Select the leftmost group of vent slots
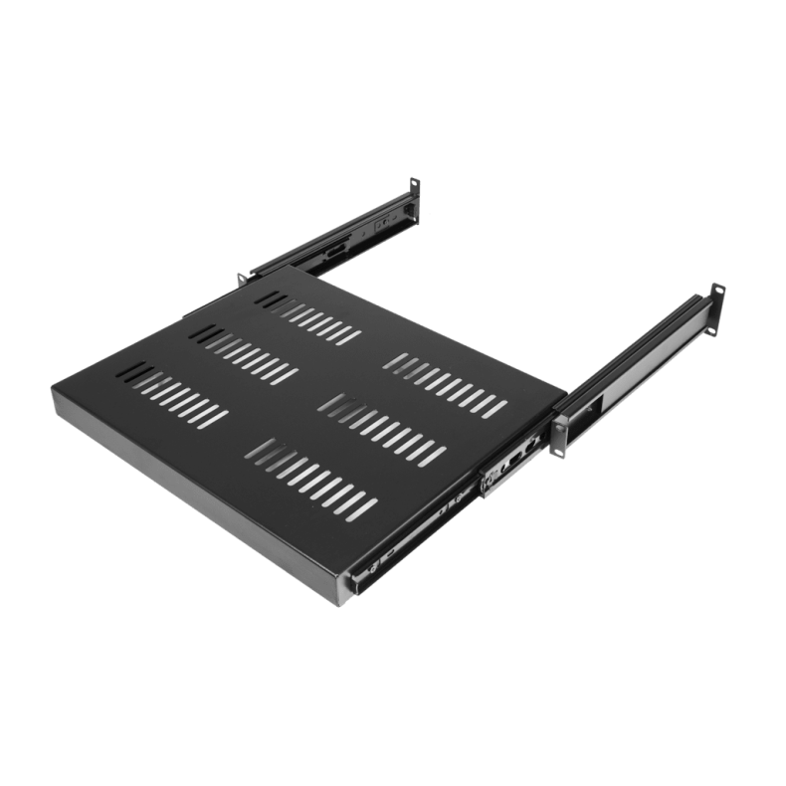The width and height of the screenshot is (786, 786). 175,392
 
